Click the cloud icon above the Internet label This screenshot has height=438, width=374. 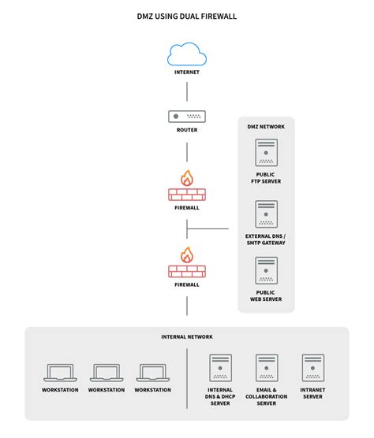(186, 54)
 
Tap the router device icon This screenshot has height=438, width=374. (186, 116)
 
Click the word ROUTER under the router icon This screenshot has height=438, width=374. (186, 130)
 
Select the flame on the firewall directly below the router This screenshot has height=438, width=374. (186, 178)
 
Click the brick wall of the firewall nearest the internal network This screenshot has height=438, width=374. (186, 270)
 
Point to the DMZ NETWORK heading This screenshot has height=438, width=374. (266, 126)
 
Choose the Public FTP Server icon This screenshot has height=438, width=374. (266, 153)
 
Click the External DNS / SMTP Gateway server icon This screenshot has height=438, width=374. (266, 213)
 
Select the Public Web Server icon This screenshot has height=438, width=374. (266, 270)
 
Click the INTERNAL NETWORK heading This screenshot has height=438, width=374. (186, 336)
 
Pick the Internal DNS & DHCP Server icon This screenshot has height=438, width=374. (220, 368)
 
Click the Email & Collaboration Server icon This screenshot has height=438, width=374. (266, 368)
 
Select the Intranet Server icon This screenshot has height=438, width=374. (312, 368)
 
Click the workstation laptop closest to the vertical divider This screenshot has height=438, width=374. (151, 373)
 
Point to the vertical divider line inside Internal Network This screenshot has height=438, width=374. (187, 378)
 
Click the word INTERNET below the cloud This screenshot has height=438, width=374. (186, 72)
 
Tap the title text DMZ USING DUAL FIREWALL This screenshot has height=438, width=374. (186, 15)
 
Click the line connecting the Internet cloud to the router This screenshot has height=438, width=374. (186, 90)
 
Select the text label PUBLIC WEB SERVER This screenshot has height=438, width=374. (266, 295)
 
